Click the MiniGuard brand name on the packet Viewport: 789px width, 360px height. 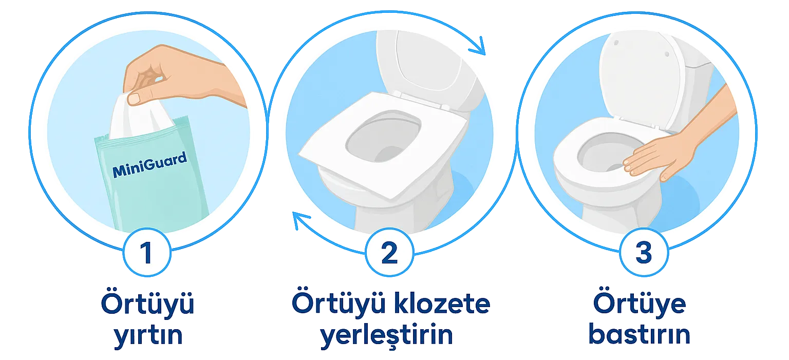coord(149,164)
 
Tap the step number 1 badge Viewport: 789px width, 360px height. coord(147,253)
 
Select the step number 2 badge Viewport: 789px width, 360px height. coord(389,253)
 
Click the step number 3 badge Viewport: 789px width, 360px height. coord(644,253)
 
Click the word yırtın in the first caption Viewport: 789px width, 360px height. coord(148,335)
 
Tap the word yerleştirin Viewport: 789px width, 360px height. coord(386,335)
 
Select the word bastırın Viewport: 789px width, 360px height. coord(640,334)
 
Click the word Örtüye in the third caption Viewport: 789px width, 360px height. coord(640,303)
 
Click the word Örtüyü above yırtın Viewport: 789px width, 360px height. coord(147,303)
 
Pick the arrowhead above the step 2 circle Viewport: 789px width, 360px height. coord(478,46)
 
